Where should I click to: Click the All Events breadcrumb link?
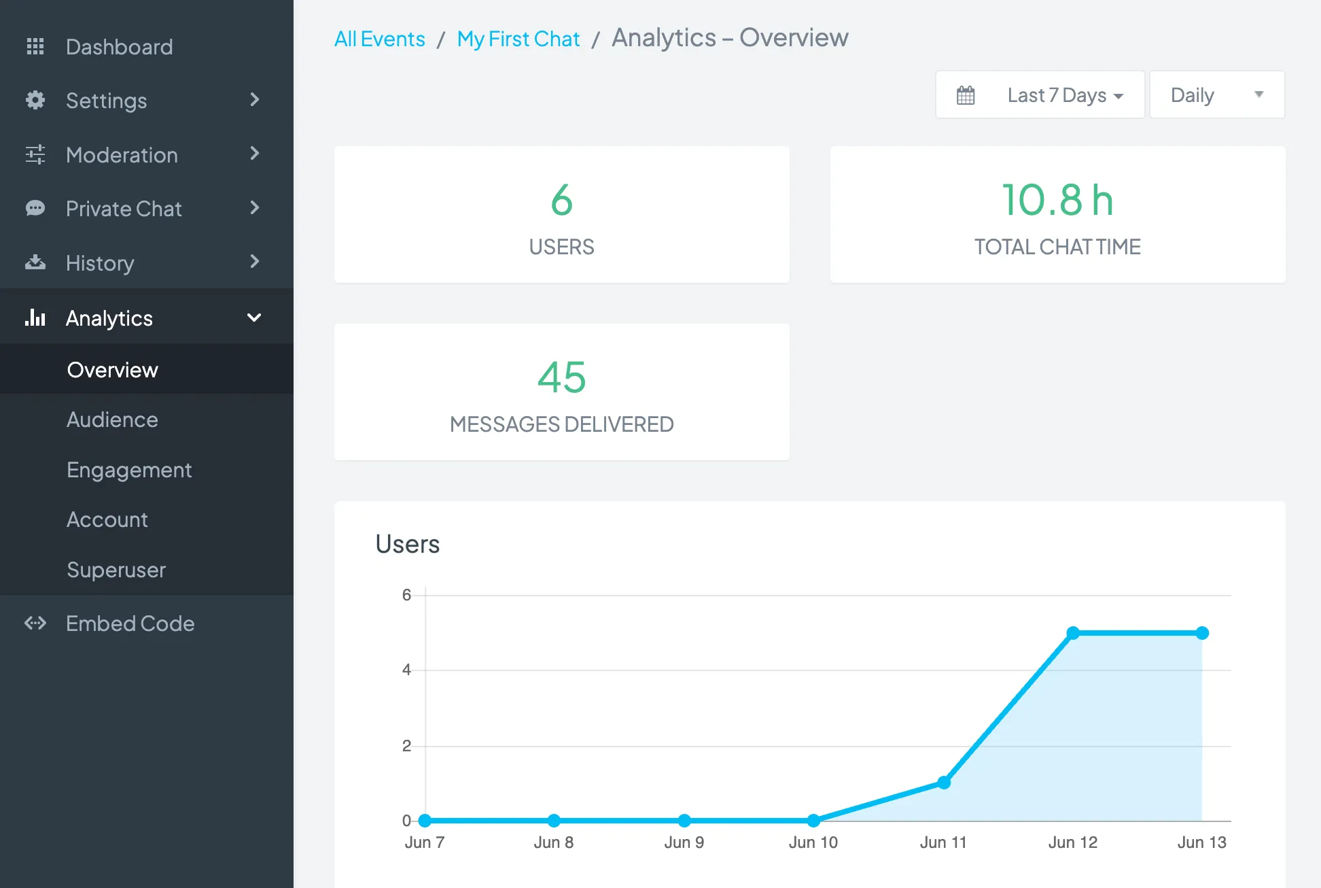pos(379,39)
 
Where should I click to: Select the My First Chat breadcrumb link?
pos(518,39)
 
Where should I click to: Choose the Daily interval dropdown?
pos(1216,95)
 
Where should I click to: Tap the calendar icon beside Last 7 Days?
pos(966,95)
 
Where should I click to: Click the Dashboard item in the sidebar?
pos(119,47)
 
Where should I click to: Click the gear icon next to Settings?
pos(35,100)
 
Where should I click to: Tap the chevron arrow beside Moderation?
pos(255,154)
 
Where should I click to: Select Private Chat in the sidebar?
pos(124,209)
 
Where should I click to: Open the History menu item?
pos(100,263)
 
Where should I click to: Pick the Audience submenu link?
pos(112,420)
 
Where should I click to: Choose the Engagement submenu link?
pos(129,470)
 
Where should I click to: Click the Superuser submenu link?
pos(116,570)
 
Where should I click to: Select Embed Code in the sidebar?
pos(130,624)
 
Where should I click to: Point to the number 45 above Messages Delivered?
pos(561,377)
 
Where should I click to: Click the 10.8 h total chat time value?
pos(1057,200)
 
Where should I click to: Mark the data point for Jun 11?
pos(944,783)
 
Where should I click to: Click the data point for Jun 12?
pos(1073,633)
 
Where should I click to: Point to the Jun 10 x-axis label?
pos(813,842)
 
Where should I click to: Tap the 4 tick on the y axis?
pos(406,670)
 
